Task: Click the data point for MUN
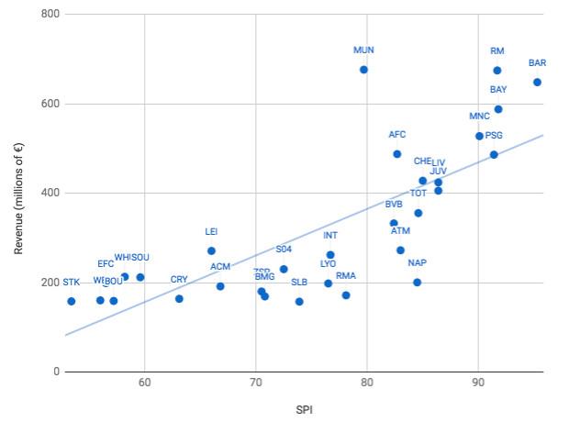coord(363,70)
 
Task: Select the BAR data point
coord(537,83)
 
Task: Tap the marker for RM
coord(497,71)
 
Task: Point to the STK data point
coord(71,301)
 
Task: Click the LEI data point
coord(211,250)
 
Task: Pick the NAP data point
coord(417,283)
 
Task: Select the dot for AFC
coord(396,154)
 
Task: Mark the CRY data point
coord(179,298)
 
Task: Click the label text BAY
coord(498,90)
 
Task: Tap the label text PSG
coord(494,136)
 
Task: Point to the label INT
coord(330,236)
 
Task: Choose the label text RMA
coord(346,276)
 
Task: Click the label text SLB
coord(299,283)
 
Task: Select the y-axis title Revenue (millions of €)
coord(18,193)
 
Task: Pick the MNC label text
coord(479,117)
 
